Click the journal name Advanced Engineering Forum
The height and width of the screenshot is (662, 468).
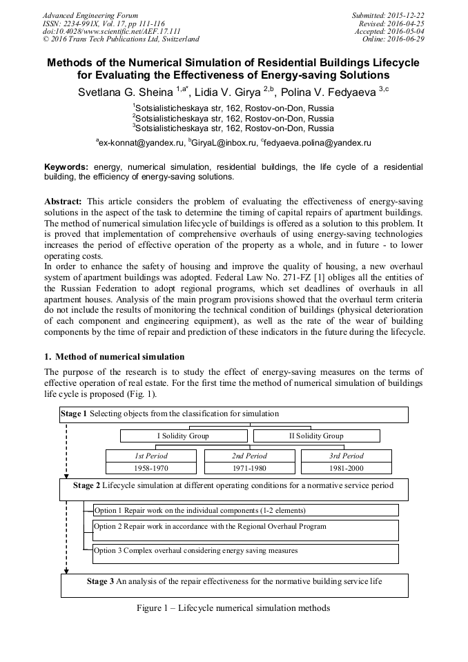[x=90, y=15]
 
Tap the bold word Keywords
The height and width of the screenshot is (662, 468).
[x=66, y=168]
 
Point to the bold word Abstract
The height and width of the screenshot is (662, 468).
[x=64, y=200]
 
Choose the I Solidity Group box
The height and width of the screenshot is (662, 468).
[x=183, y=436]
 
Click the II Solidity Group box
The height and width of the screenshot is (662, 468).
[x=316, y=436]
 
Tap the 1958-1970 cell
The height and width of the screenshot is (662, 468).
[x=151, y=468]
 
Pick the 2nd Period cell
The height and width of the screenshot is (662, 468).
[x=248, y=456]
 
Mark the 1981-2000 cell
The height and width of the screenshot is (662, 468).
[x=344, y=468]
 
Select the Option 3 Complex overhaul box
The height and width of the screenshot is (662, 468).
[x=246, y=552]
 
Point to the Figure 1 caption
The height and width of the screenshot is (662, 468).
[x=234, y=608]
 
